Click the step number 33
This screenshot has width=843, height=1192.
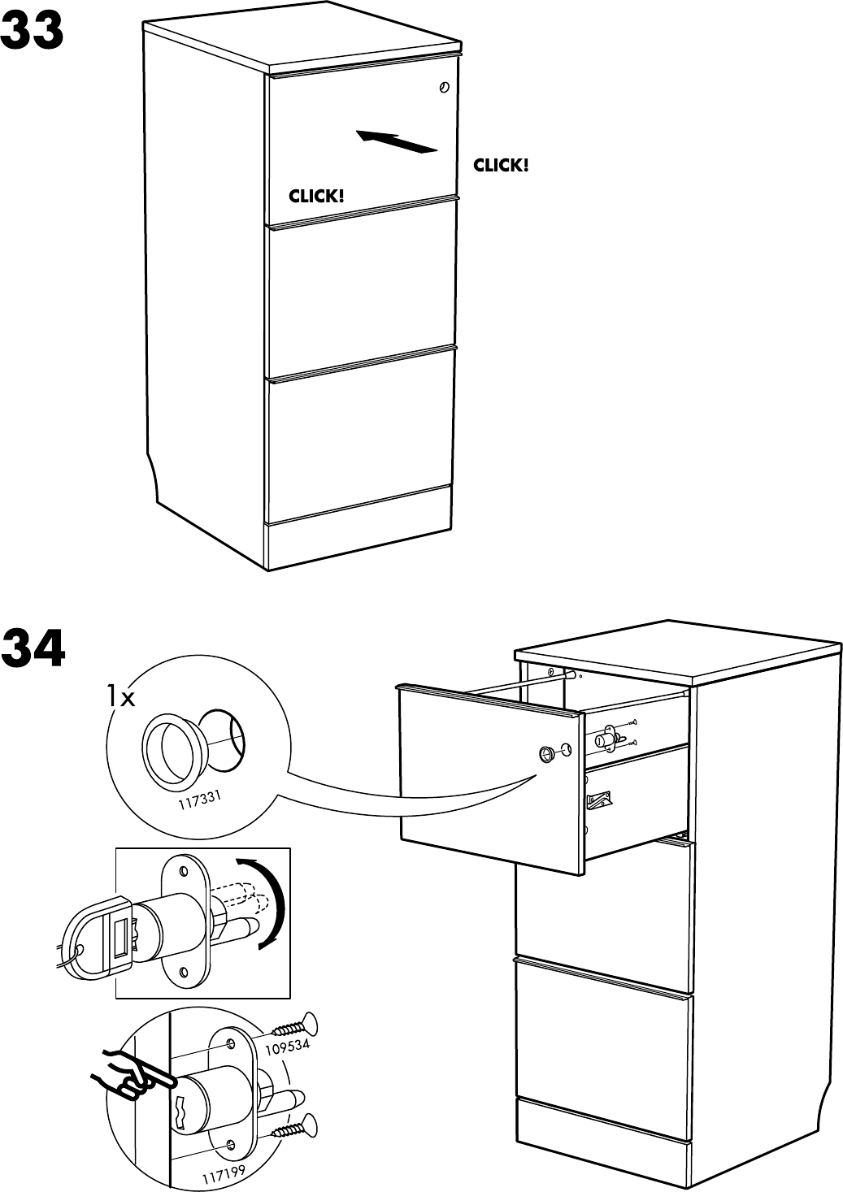click(33, 32)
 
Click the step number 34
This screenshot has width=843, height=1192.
click(33, 648)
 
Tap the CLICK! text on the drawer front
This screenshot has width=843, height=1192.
click(316, 196)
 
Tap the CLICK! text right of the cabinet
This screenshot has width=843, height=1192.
click(501, 166)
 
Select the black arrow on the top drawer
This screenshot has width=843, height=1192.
click(397, 141)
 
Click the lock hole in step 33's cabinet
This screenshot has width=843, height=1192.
click(444, 87)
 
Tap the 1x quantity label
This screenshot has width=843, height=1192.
click(120, 696)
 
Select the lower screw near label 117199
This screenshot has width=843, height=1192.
click(293, 1127)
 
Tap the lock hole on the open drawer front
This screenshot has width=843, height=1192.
click(546, 753)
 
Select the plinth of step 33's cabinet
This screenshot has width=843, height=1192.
click(358, 536)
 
